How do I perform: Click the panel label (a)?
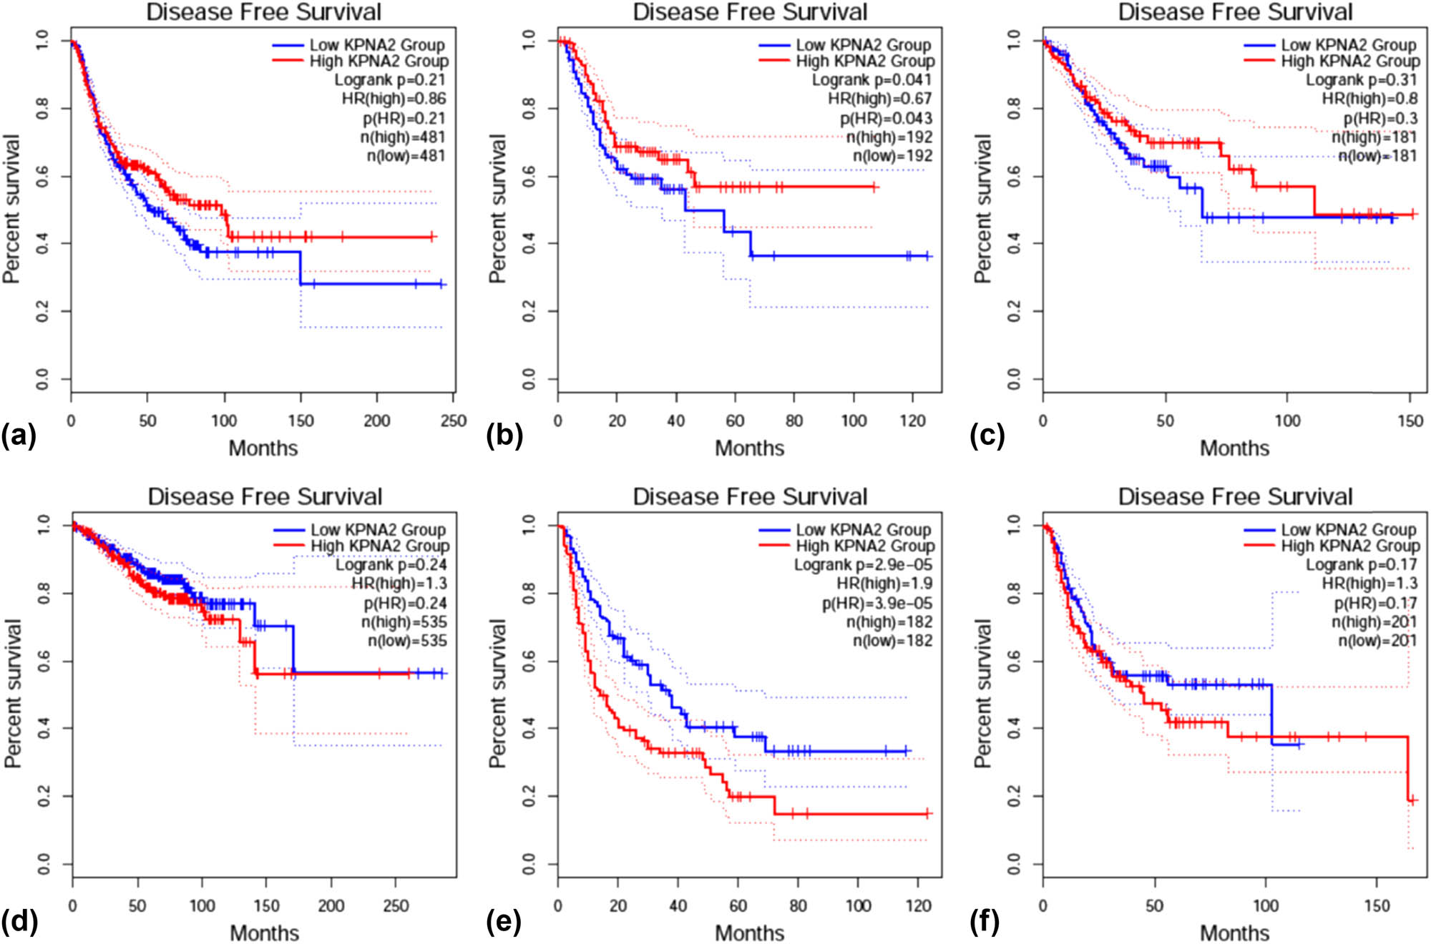point(19,436)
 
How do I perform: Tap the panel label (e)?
point(504,921)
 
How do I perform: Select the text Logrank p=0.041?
point(871,80)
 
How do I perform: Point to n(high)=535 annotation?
point(403,621)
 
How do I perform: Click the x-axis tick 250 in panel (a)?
point(454,421)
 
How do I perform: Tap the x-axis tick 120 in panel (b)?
point(912,421)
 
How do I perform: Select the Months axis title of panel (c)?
point(1234,448)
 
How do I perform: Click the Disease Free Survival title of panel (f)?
point(1235,496)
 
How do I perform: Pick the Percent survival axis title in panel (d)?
point(13,694)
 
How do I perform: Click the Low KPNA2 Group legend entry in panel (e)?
point(863,530)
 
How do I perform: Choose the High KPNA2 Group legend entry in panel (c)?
point(1349,62)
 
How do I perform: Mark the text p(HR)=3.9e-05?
point(876,603)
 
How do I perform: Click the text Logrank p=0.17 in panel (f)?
point(1361,565)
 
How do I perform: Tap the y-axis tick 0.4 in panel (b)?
point(529,243)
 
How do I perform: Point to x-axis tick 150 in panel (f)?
point(1377,905)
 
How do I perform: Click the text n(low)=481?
point(406,156)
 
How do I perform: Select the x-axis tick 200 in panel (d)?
point(331,905)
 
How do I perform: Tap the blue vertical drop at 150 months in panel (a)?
point(301,268)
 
